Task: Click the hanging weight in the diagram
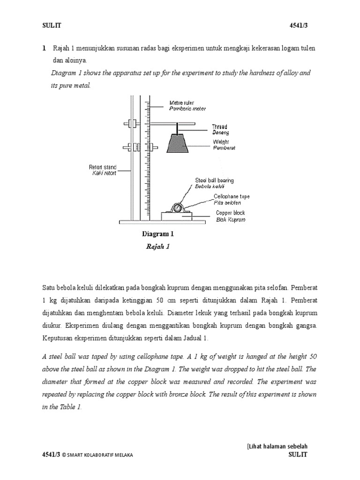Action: [177, 143]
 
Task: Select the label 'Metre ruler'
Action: [182, 103]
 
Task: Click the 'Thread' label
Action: [219, 127]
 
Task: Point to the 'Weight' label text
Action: [221, 141]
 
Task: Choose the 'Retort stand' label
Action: [102, 167]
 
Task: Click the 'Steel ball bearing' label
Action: [214, 180]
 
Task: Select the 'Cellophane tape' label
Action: [232, 196]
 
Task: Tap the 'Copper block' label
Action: [230, 213]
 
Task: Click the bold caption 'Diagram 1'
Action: [157, 234]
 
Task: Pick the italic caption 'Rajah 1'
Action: [157, 247]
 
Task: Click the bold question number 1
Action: [44, 48]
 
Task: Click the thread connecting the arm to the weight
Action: [177, 128]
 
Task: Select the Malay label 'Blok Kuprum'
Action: [230, 219]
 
